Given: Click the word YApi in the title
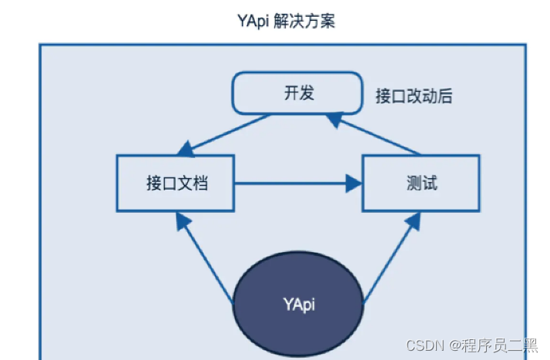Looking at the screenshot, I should tap(253, 22).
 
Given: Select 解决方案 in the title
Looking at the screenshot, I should tap(304, 22).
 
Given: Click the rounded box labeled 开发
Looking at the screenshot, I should tap(297, 93).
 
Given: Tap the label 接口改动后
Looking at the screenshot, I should tap(413, 96).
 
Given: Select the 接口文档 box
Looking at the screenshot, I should tap(176, 183).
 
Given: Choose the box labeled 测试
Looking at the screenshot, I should tap(421, 183).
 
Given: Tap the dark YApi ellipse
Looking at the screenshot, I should tap(297, 303).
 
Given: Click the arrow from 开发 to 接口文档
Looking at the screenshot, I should tap(225, 133).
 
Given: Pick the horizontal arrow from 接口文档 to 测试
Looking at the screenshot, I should tap(297, 183).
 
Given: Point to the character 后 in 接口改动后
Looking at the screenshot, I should tap(444, 96).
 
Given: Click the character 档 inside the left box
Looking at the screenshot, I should tap(200, 183).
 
